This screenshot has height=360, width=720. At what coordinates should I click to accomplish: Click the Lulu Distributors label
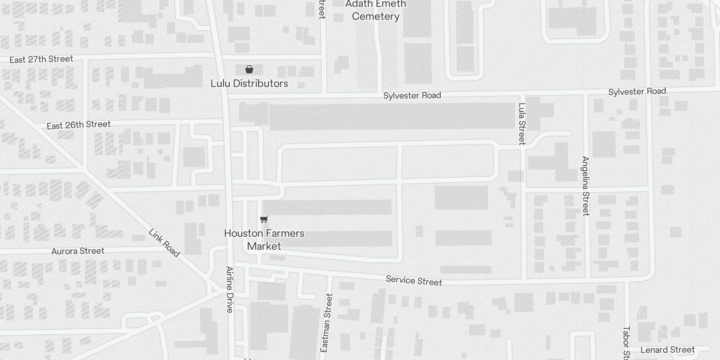click(249, 84)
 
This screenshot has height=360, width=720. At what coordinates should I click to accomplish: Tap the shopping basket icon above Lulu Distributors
click(249, 69)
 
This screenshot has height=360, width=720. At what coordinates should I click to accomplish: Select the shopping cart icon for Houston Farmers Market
click(264, 219)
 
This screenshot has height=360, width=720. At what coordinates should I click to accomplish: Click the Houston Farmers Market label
click(264, 239)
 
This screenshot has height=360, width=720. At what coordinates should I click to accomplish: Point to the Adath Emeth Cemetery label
click(376, 10)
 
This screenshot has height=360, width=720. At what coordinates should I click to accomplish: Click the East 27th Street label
click(41, 59)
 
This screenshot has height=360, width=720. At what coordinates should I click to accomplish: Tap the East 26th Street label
click(79, 125)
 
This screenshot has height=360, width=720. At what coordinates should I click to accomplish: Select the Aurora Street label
click(78, 251)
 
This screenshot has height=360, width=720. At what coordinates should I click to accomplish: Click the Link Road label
click(164, 243)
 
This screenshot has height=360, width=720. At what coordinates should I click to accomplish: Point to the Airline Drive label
click(230, 289)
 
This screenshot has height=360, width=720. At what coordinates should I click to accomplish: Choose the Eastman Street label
click(327, 323)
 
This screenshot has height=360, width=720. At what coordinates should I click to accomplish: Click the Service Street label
click(414, 281)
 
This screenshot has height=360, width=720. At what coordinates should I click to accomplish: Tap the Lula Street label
click(522, 124)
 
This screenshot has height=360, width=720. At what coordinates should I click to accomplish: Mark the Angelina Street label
click(585, 186)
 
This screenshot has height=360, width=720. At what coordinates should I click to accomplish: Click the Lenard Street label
click(667, 350)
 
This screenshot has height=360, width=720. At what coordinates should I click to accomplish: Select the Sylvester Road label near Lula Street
click(637, 92)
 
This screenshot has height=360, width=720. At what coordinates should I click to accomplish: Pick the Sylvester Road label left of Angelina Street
click(412, 95)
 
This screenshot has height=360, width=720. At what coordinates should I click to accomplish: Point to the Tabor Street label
click(626, 343)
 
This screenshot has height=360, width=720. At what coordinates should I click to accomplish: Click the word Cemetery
click(376, 17)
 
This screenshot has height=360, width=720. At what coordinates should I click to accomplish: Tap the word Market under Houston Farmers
click(264, 246)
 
